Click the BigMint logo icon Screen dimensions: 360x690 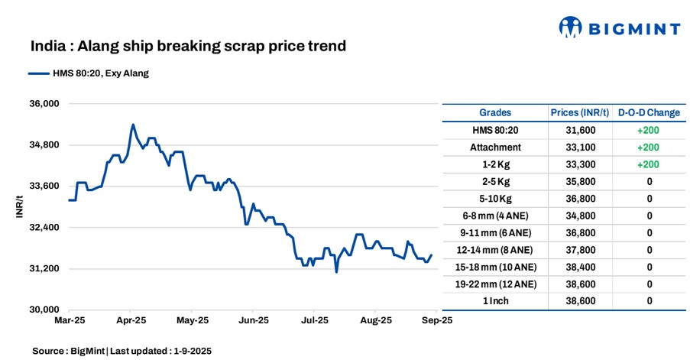point(571,28)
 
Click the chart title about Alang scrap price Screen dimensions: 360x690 point(188,46)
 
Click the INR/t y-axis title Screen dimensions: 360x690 point(20,207)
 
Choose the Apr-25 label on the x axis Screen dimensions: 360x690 point(131,321)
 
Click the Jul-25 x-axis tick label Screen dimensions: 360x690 point(315,321)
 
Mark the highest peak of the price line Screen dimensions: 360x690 point(133,124)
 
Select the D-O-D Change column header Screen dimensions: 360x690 point(649,112)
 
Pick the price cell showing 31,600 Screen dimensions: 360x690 point(580,130)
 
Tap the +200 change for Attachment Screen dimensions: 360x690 point(649,147)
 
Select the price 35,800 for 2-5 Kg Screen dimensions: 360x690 point(580,181)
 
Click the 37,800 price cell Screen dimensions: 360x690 point(580,250)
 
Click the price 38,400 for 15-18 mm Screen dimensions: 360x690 point(580,267)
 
